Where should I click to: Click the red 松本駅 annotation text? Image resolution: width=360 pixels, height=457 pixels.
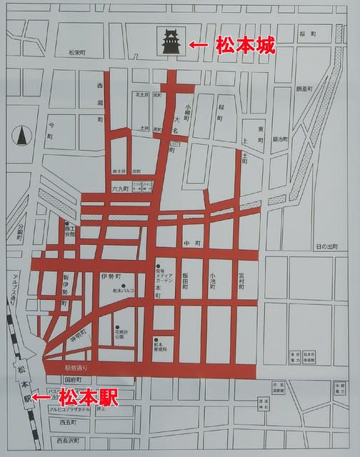(x=87, y=397)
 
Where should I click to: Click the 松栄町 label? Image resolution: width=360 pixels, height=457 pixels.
(x=77, y=53)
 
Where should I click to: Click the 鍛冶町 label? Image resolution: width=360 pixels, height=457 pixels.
(x=279, y=139)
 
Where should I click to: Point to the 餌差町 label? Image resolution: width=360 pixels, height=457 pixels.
(x=305, y=89)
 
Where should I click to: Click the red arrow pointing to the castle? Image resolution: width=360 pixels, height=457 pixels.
(x=199, y=45)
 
